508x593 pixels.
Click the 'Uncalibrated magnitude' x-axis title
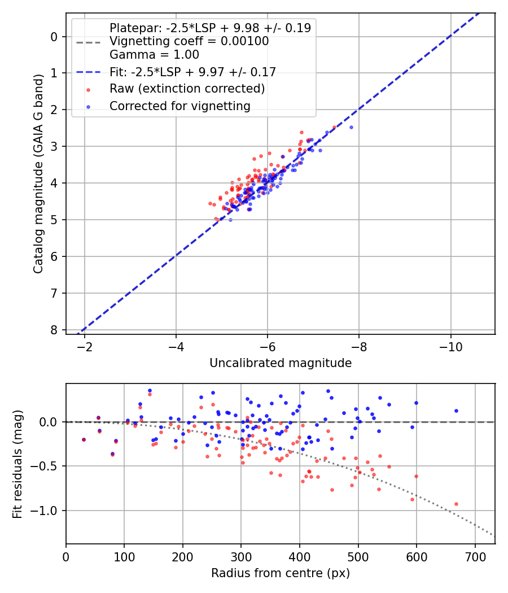point(281,363)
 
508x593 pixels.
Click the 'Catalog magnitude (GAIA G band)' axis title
point(38,173)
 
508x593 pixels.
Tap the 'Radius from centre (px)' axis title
point(281,573)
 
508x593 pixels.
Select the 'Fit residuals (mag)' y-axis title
point(17,464)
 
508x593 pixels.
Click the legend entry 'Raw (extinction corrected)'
point(187,89)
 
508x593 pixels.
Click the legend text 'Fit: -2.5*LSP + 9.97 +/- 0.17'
point(192,72)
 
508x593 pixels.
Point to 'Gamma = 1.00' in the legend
point(154,55)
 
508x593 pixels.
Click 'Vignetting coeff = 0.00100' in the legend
point(189,41)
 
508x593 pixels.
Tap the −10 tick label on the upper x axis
point(450,346)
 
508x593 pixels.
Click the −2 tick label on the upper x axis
point(85,346)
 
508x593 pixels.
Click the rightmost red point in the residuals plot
point(456,504)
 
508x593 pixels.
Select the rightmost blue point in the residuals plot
point(456,411)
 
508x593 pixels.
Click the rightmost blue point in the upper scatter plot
point(351,127)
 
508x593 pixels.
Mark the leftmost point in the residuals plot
point(84,439)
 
